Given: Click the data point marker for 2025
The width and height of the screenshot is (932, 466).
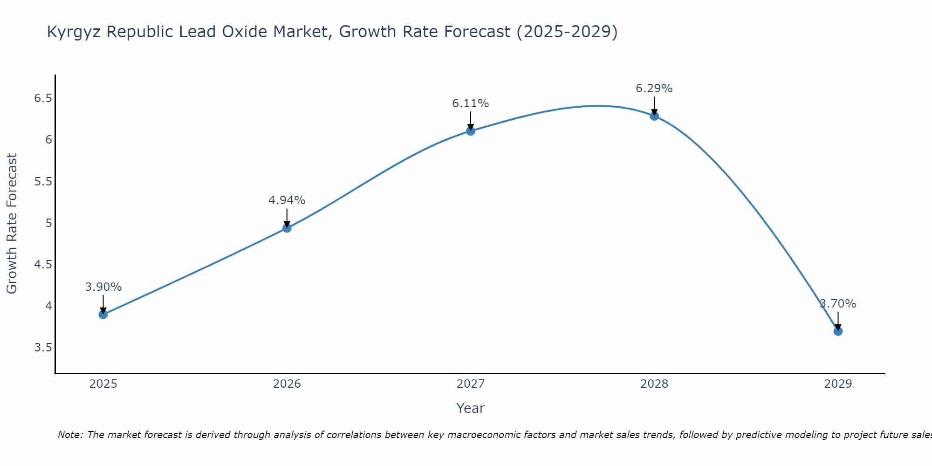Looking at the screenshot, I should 103,315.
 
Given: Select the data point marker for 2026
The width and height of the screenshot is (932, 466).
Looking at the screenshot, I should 287,228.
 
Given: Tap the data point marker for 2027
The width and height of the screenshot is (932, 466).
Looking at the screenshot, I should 471,131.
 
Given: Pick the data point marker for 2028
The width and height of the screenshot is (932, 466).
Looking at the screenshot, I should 654,116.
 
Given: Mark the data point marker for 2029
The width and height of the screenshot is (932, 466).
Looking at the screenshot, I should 838,331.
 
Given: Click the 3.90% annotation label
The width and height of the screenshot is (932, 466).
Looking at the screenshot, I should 103,287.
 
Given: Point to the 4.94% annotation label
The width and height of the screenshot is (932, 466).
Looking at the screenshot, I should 287,200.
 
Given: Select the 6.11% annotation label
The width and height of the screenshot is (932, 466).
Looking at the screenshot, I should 471,103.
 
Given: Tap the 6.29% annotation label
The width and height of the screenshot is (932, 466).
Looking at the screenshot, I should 654,89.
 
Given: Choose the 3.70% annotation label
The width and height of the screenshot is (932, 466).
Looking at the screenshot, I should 838,304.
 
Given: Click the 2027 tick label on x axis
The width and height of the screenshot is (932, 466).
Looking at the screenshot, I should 471,384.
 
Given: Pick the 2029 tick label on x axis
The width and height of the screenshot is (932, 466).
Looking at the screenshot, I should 838,384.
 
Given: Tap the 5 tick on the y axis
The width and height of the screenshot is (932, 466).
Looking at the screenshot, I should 48,223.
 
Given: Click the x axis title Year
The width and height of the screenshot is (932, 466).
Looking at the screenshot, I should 471,408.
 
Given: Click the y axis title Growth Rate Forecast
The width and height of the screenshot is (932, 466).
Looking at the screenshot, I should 12,223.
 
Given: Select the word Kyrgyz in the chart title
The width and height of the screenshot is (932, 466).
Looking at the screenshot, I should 75,32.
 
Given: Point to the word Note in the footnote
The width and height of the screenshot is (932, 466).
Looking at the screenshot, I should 70,435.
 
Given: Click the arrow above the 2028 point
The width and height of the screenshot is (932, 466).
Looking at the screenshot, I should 654,105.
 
